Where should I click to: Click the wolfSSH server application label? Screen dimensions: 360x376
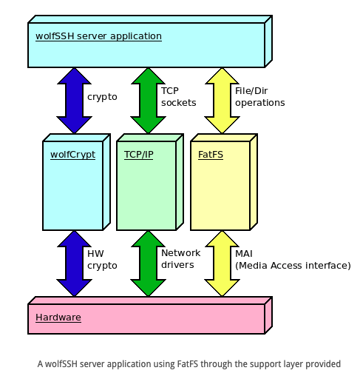[x=98, y=36]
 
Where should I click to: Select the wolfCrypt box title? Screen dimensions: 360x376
[x=72, y=155]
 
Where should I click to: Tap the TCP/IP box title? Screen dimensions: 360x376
[x=139, y=155]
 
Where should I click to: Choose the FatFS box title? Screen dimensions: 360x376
[x=211, y=155]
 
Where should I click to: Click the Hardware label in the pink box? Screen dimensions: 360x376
[x=58, y=318]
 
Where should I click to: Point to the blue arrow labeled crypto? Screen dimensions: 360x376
[x=74, y=101]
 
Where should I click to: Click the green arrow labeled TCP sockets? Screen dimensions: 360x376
[x=148, y=101]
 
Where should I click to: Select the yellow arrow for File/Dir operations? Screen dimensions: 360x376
[x=222, y=101]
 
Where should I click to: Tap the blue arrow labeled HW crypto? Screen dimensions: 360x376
[x=74, y=263]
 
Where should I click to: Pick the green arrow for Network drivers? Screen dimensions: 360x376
[x=148, y=263]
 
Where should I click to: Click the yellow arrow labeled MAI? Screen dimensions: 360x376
[x=222, y=263]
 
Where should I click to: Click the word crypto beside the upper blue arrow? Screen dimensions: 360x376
[x=102, y=97]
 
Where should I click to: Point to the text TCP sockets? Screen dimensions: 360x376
[x=179, y=97]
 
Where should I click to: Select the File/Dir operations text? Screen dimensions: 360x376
[x=260, y=97]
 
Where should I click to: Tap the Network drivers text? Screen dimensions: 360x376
[x=181, y=259]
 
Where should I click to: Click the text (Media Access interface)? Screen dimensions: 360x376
[x=293, y=266]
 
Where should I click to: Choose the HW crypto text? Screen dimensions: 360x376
[x=102, y=260]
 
